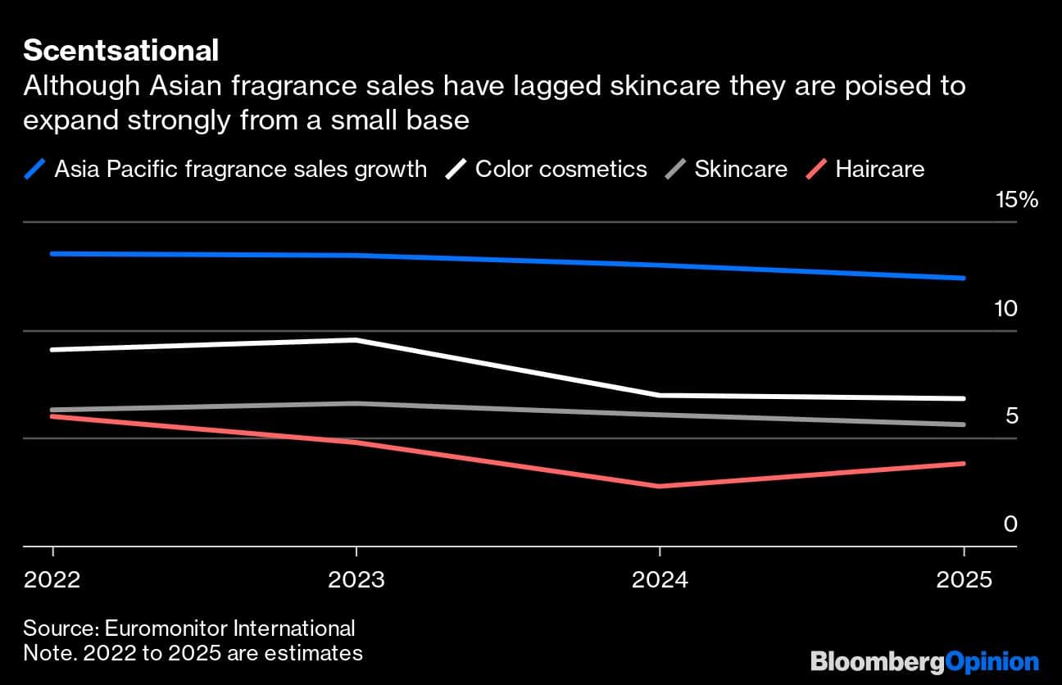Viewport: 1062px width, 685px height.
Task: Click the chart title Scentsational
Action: click(120, 51)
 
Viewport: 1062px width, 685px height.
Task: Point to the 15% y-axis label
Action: click(1016, 200)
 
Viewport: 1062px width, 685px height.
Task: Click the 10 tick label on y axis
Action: click(1005, 309)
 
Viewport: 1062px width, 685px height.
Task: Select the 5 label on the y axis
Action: click(1011, 416)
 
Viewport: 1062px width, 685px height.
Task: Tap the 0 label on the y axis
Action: click(1010, 524)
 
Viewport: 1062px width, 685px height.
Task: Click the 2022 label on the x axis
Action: click(52, 580)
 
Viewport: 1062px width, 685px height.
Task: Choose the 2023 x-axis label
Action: click(356, 580)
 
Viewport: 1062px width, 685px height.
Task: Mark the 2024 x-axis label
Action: click(660, 580)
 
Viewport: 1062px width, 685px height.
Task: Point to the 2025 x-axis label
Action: click(963, 580)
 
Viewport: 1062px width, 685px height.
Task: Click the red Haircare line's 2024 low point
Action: click(660, 486)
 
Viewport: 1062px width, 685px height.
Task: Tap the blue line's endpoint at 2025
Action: click(963, 278)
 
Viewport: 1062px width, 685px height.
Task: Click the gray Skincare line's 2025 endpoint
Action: click(963, 424)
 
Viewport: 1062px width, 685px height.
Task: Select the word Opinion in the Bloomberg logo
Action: click(992, 661)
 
